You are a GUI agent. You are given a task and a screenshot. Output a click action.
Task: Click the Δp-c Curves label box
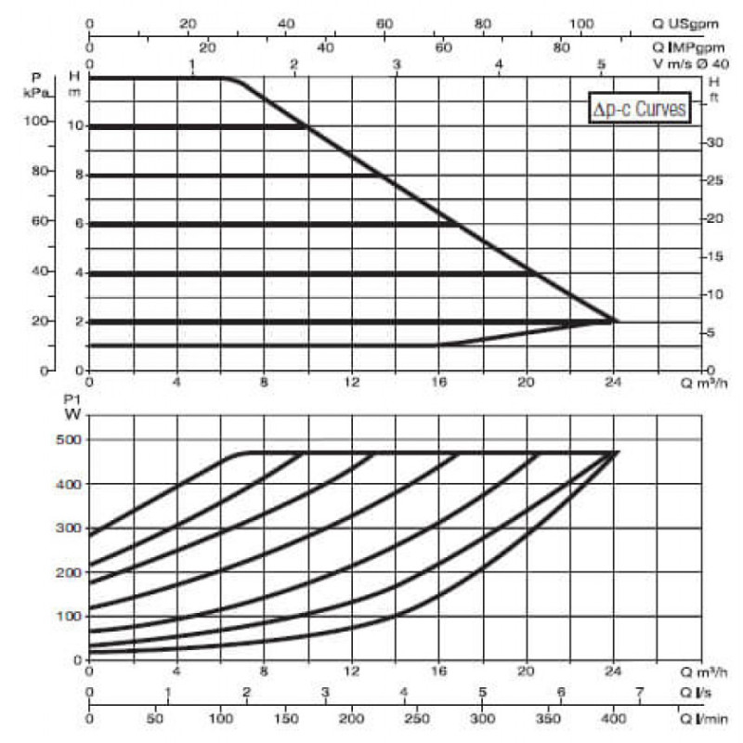pyautogui.click(x=641, y=109)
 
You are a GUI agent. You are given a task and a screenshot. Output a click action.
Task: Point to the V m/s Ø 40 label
pyautogui.click(x=697, y=64)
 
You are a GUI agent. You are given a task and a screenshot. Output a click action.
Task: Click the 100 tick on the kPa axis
pyautogui.click(x=62, y=121)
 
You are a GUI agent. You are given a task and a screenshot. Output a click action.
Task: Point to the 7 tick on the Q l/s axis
pyautogui.click(x=639, y=692)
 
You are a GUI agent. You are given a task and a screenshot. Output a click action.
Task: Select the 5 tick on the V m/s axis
pyautogui.click(x=601, y=64)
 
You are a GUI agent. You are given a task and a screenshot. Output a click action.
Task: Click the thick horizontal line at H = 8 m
pyautogui.click(x=232, y=175)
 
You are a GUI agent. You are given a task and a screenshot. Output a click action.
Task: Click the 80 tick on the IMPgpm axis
pyautogui.click(x=561, y=46)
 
